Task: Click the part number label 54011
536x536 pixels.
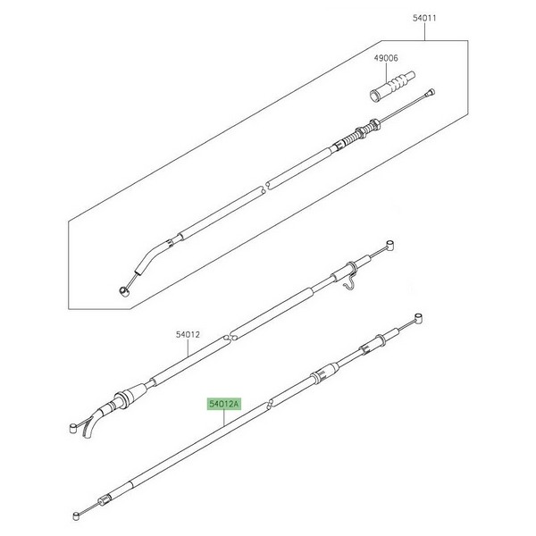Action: tap(424, 18)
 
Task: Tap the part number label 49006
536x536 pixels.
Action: tap(386, 58)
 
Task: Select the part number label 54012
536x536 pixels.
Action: tap(188, 335)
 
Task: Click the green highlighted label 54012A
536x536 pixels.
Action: tap(224, 404)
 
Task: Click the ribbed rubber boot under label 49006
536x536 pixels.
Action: tap(393, 86)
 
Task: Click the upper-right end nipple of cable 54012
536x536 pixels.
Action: tap(390, 245)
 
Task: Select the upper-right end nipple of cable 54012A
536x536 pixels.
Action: tap(418, 317)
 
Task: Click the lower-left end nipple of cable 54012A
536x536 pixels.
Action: tap(76, 515)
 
